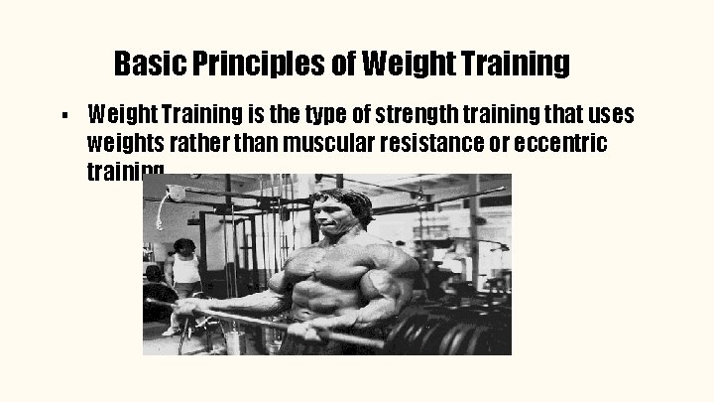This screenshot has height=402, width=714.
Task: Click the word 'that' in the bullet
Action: [558, 115]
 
